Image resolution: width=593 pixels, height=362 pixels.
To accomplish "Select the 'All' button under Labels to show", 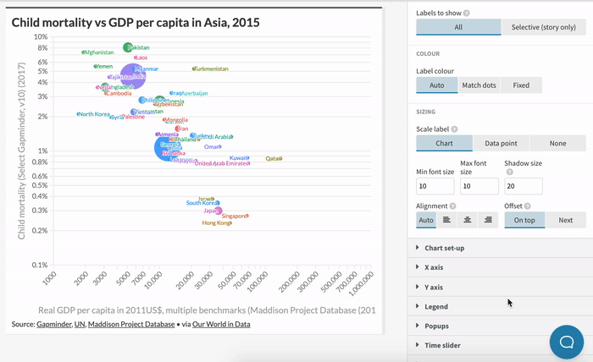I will [x=458, y=27].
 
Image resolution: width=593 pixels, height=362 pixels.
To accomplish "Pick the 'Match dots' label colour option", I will [x=479, y=85].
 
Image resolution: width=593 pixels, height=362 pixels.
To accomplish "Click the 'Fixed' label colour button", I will [x=521, y=85].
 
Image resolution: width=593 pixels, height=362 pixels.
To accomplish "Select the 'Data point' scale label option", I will [x=501, y=144].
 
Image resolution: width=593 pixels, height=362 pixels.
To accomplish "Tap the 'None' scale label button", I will [x=557, y=144].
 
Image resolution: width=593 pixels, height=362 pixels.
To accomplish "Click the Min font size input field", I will [x=435, y=186].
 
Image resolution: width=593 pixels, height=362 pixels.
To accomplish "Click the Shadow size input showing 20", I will [x=523, y=186].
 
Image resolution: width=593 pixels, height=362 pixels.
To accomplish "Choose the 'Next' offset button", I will [x=565, y=220].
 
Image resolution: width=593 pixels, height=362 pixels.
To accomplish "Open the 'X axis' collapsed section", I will [x=435, y=267].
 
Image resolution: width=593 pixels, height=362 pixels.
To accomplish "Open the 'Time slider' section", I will [x=442, y=345].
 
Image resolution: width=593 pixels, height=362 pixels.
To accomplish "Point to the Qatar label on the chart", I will [x=274, y=158].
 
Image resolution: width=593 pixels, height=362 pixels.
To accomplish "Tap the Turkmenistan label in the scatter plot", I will [x=212, y=69].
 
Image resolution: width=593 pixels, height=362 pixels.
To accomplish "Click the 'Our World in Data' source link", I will [x=221, y=324].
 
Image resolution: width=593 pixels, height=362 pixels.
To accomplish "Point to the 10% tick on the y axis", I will [x=41, y=37].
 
